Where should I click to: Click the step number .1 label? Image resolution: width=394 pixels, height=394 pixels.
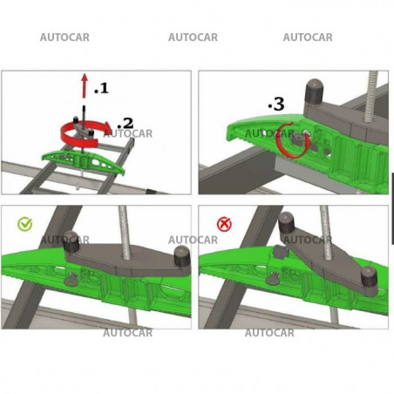coord(101,88)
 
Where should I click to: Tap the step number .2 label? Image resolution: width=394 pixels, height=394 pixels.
coord(126,123)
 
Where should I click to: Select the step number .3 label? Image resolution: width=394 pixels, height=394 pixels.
coord(276,104)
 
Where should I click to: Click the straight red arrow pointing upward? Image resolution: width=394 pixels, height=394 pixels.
coord(85,85)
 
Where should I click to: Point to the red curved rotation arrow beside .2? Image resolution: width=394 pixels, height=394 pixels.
coord(79,143)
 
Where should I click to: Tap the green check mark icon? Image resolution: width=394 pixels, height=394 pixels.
coord(25,224)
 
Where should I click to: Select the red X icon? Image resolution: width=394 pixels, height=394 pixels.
coord(224,224)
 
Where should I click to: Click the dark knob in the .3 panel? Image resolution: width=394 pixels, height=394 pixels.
coord(314,92)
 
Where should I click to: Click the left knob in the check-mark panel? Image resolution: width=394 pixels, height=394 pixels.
coord(71,241)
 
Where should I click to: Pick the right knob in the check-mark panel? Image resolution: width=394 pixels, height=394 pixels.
coord(181,255)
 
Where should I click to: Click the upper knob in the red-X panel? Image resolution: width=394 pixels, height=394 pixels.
coord(287,223)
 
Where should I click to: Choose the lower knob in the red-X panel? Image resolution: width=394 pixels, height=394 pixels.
coord(369,277)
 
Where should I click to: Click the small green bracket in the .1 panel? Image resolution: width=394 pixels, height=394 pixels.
coord(84,160)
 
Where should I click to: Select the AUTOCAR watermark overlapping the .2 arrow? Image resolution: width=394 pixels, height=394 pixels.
coord(128,133)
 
